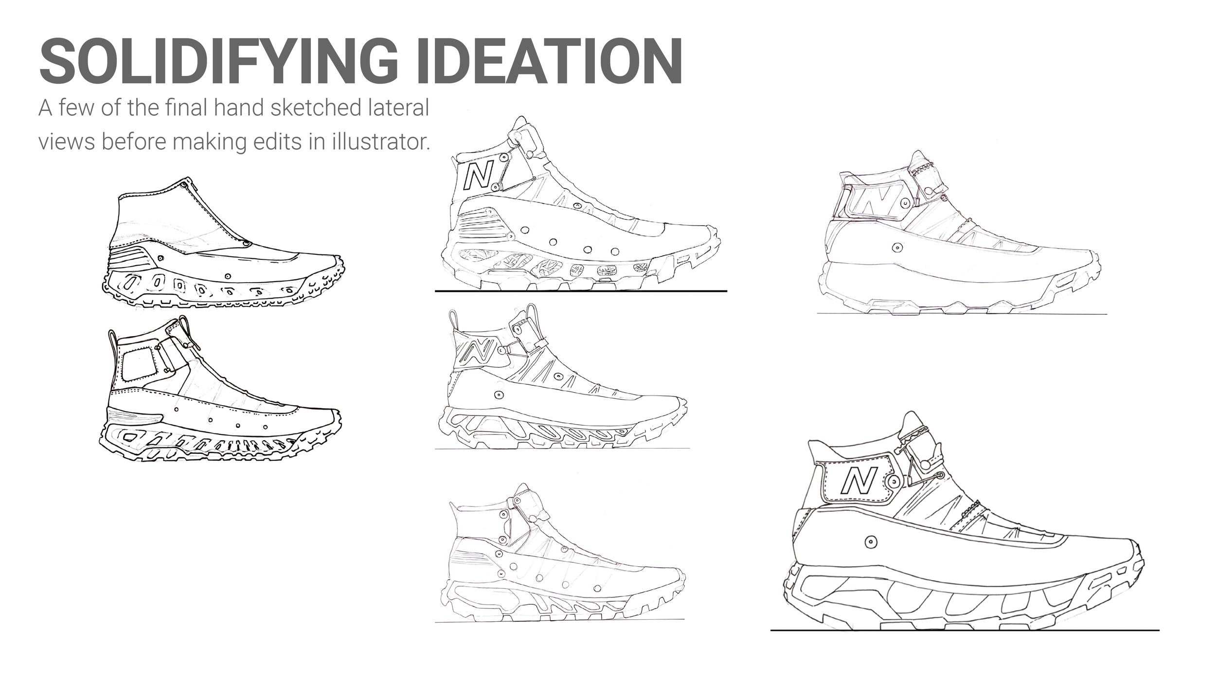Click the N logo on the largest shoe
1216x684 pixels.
tap(858, 480)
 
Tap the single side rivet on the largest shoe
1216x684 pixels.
tap(871, 541)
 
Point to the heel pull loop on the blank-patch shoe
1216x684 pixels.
tap(113, 341)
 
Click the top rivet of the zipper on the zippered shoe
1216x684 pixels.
tap(183, 185)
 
